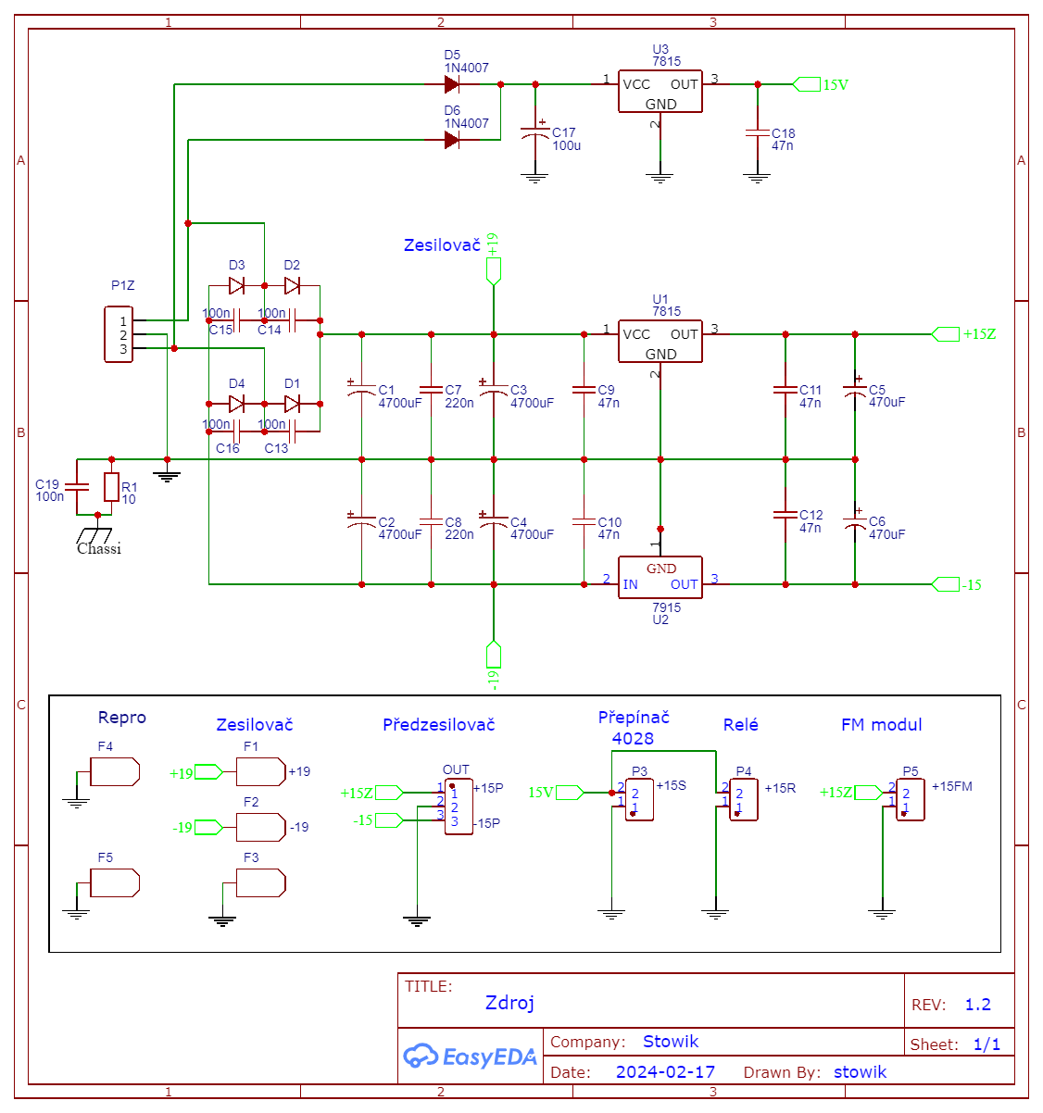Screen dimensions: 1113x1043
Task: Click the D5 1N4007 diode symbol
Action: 452,84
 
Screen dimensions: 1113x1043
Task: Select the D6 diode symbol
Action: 452,140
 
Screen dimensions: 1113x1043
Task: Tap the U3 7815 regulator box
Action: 660,92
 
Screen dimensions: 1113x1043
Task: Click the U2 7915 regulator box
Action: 660,577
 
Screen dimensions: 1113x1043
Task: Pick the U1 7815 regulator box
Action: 660,342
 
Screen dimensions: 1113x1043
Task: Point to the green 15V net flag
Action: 807,84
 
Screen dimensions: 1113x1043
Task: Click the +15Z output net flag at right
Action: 946,334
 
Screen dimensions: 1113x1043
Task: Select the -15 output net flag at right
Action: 946,584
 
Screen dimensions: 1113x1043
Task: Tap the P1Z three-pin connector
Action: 119,334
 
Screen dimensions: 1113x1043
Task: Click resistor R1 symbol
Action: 111,486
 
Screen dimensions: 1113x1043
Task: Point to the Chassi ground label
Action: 98,548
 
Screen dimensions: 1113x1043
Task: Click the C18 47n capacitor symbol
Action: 758,133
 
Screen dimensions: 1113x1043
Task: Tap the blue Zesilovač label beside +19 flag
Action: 442,245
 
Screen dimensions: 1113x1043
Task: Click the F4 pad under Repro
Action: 115,771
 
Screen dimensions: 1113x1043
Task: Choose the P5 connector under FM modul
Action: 910,799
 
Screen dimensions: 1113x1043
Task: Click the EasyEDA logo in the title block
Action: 470,1056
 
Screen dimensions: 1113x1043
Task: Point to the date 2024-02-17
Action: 665,1072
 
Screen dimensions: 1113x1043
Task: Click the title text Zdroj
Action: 509,1003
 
